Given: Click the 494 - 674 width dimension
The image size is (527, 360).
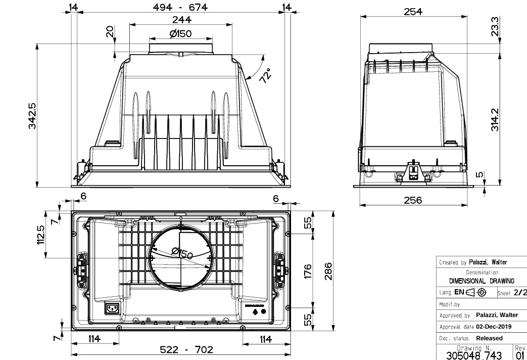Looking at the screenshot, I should click(181, 7).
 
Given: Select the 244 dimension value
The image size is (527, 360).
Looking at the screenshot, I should click(181, 20).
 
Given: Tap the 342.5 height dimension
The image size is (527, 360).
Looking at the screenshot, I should click(31, 116).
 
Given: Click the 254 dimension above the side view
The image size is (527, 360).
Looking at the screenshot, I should click(413, 12).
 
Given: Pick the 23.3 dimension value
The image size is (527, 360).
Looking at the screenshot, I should click(495, 26).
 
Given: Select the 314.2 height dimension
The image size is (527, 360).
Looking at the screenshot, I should click(495, 120).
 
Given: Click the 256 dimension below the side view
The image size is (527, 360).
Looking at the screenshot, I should click(413, 200).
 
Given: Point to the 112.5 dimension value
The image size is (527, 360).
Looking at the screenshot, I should click(41, 235).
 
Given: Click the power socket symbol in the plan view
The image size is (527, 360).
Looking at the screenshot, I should click(112, 308).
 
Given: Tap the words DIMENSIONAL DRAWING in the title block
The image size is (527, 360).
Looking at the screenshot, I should click(482, 281).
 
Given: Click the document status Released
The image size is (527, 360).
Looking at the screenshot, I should click(489, 338).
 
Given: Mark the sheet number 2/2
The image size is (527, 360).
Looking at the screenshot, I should click(520, 293).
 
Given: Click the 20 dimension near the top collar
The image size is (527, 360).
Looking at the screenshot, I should click(110, 32).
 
